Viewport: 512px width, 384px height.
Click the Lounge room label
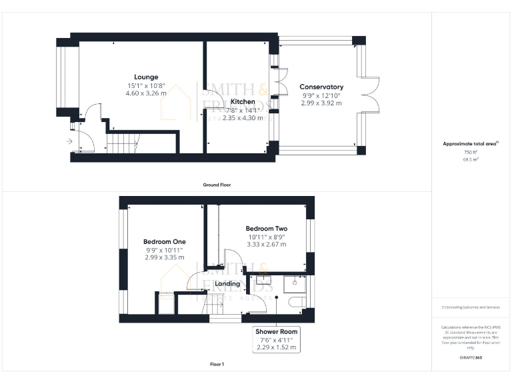pos(146,77)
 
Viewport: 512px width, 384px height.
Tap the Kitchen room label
pos(243,101)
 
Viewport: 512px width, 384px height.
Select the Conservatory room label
pos(321,87)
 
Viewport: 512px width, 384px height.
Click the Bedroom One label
pos(165,241)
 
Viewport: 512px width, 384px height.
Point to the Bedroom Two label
pos(266,228)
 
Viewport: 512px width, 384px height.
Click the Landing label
pos(227,283)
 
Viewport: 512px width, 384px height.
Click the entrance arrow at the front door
pos(69,141)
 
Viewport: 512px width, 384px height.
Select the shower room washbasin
pos(295,283)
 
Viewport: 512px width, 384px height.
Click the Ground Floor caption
pos(217,184)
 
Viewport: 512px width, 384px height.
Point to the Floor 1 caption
pos(217,364)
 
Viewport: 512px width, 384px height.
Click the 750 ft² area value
pos(471,153)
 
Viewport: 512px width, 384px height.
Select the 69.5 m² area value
pos(471,160)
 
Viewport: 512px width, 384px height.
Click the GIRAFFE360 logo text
pos(471,358)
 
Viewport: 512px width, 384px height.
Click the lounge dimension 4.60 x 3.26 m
pos(146,93)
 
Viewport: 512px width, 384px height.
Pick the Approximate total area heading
pos(471,144)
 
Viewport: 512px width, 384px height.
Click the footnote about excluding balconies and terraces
pos(471,307)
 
